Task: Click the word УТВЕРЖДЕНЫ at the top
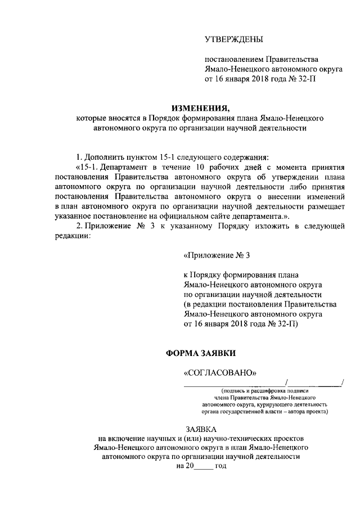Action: pos(233,38)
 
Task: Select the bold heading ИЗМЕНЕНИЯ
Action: pos(201,108)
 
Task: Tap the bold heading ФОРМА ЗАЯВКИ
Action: pos(201,353)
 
